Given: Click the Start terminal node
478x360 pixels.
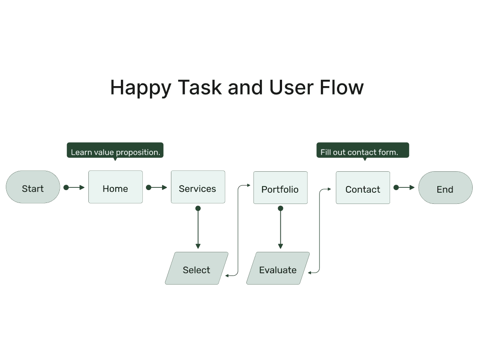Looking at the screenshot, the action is coord(33,187).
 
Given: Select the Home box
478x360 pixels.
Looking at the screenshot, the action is coord(116,187).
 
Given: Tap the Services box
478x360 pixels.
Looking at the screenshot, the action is coord(198,187).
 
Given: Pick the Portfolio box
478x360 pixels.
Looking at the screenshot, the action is coord(280,187).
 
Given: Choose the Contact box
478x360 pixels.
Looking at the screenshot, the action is coord(363,187).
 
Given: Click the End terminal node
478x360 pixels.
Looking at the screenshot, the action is coord(445,187).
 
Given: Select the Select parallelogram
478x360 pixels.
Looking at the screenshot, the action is coord(197,268).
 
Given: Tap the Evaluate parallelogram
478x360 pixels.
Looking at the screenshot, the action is coord(278,268).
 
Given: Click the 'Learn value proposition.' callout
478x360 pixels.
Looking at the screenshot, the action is coord(115,150).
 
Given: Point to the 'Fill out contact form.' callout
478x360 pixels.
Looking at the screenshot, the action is coord(363,150).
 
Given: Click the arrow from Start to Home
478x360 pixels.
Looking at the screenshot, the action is coord(74,187).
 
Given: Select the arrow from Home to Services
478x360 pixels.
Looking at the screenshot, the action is coord(156,187).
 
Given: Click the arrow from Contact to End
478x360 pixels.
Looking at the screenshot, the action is coord(404,187).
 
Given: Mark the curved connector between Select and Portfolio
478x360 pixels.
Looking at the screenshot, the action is coord(238,230).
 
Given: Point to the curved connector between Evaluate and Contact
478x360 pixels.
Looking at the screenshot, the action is coord(320,230).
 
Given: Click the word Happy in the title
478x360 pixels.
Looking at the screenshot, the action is coord(141,88).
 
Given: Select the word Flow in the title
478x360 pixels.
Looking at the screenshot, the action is coord(342,87).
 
